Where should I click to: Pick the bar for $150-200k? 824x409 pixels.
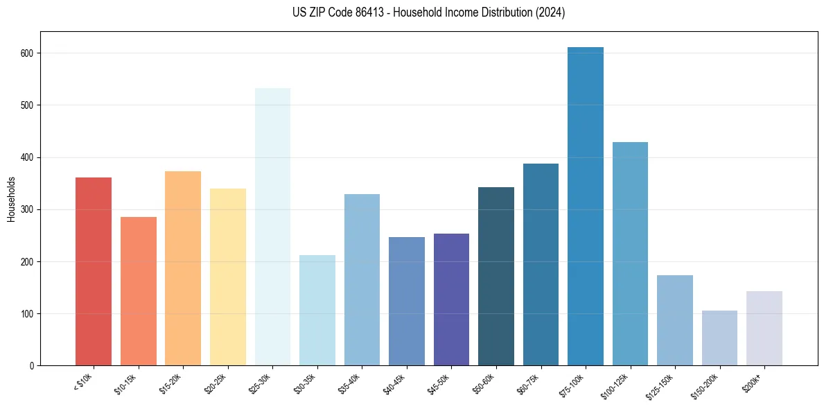pos(719,338)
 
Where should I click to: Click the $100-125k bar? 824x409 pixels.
pos(630,254)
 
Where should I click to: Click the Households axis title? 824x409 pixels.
pos(11,198)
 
